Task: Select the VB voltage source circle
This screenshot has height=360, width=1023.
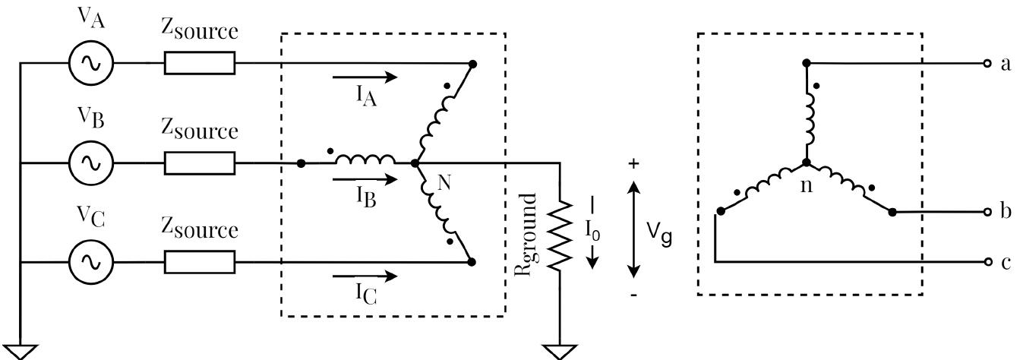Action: (91, 163)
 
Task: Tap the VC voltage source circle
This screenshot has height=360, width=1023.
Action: (91, 262)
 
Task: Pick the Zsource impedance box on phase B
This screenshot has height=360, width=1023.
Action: (200, 163)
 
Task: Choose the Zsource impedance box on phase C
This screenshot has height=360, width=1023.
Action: (200, 262)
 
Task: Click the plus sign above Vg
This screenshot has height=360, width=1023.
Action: (634, 163)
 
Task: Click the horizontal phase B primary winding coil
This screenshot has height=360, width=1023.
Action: (365, 160)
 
